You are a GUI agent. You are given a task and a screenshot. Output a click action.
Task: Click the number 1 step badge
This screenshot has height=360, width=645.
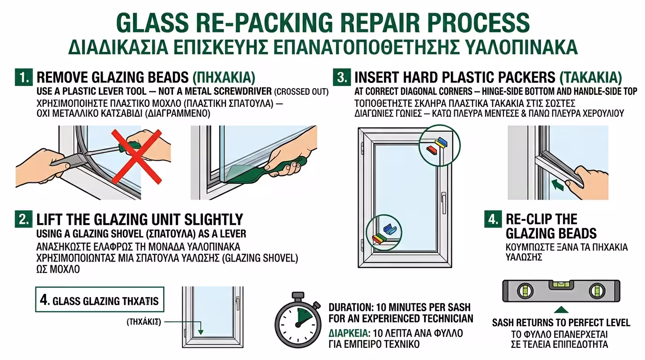pos(24,77)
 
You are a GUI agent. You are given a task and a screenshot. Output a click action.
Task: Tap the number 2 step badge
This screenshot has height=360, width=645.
pos(24,219)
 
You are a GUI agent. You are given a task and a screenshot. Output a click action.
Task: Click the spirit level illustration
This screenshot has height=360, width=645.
pos(561,291)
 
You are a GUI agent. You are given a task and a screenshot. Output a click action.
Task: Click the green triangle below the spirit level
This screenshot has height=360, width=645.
pos(561,310)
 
